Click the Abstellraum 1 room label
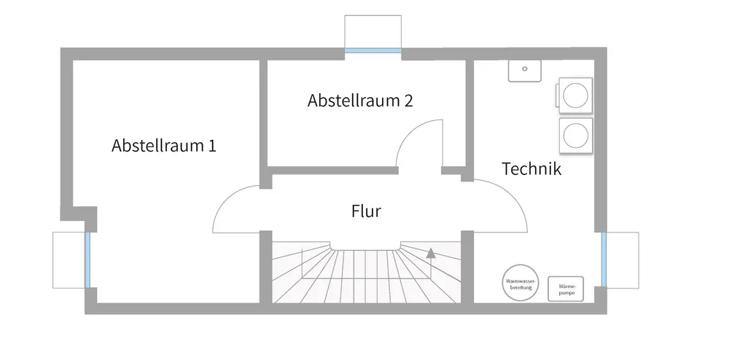tap(163, 146)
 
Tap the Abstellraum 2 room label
tap(360, 101)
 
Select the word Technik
tap(531, 169)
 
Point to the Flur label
tap(366, 212)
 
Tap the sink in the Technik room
tap(524, 70)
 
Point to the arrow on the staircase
tap(432, 254)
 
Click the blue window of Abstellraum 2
tap(373, 51)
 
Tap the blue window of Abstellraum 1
tap(88, 260)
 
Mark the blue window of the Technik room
tap(604, 259)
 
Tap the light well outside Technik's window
tap(623, 259)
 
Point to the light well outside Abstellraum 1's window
tap(69, 260)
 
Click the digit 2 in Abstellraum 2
tap(408, 101)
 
